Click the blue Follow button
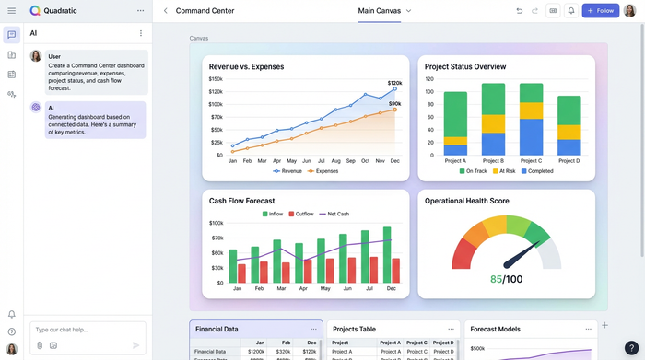tap(601, 11)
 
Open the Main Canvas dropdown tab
tap(384, 11)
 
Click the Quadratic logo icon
tap(35, 11)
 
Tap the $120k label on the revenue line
tap(394, 83)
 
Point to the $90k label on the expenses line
tap(394, 104)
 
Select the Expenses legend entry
tap(322, 171)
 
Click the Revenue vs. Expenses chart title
tap(246, 67)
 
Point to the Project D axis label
tap(569, 161)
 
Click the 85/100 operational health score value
tap(506, 279)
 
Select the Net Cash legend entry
tap(335, 214)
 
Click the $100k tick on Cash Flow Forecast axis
tap(217, 223)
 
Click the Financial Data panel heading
tap(217, 329)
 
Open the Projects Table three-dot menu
tap(451, 329)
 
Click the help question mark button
tap(630, 347)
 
